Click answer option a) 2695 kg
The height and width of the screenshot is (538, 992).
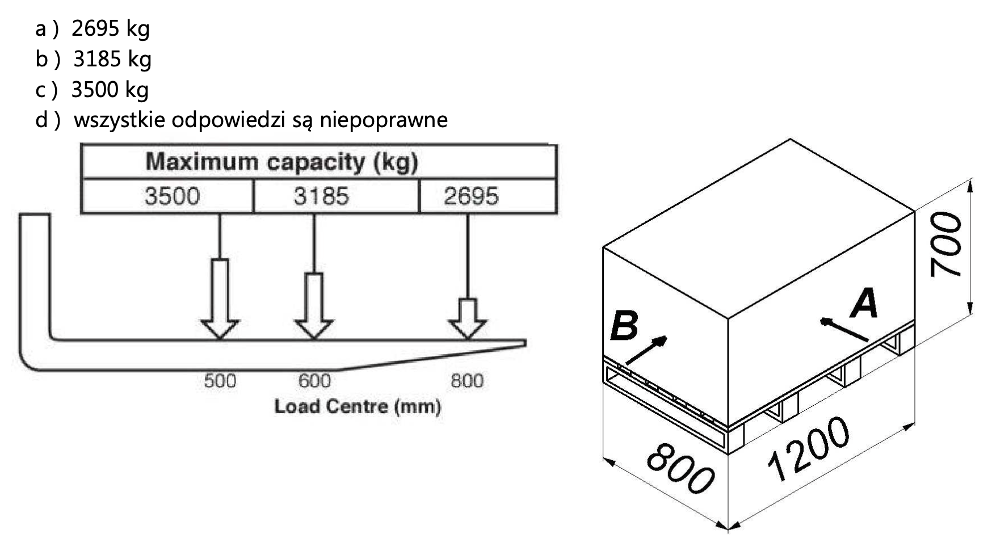pos(93,28)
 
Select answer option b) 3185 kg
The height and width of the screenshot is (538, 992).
pos(94,59)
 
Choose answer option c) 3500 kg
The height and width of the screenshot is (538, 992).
pos(93,90)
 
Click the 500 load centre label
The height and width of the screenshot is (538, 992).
pos(220,381)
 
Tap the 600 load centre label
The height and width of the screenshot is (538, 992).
pos(314,381)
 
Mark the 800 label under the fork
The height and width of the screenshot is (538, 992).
pos(467,381)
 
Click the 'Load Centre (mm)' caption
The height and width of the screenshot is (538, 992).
pos(358,406)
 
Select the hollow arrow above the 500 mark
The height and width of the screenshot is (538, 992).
pos(220,299)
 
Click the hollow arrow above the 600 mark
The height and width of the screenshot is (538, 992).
pos(314,306)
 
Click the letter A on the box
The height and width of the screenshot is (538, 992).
pos(864,303)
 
